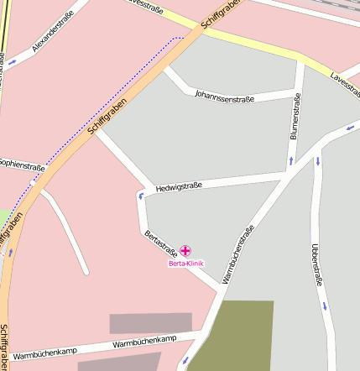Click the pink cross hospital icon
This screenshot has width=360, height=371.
[185, 250]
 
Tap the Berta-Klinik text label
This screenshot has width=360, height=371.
[185, 264]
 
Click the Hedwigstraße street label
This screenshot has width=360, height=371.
[179, 188]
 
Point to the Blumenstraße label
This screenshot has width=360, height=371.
[295, 117]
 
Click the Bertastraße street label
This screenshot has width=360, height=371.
[160, 243]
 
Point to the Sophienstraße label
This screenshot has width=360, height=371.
[20, 165]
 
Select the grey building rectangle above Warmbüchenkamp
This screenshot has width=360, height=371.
[150, 323]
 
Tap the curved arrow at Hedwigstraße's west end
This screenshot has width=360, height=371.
[141, 196]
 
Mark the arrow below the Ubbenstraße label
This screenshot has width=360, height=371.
[324, 306]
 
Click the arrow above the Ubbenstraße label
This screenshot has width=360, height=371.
[318, 160]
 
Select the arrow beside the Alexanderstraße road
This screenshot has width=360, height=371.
[12, 61]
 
